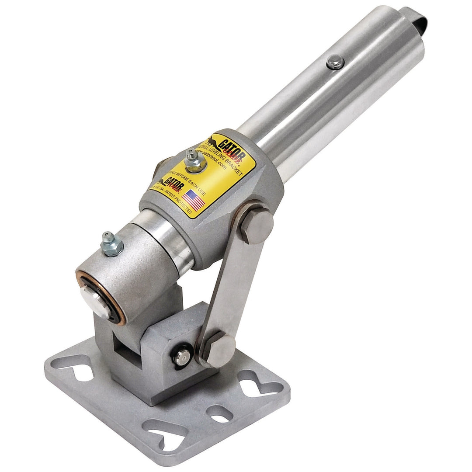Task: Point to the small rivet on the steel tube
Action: [x=334, y=62]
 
